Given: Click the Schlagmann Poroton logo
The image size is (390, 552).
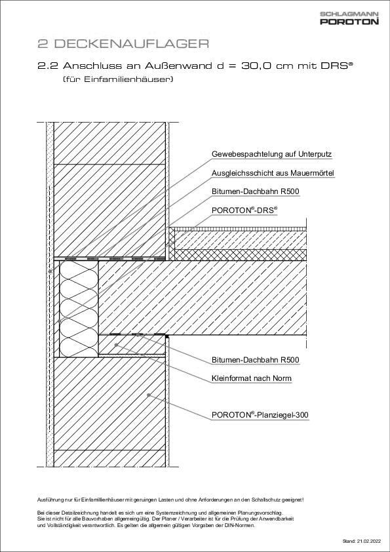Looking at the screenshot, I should coord(349,18).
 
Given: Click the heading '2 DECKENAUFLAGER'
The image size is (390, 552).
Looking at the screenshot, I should coord(123,45).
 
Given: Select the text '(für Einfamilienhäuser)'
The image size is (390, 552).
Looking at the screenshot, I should coord(117,80).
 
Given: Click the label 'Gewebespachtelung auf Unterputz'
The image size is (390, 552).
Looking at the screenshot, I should coord(271,155).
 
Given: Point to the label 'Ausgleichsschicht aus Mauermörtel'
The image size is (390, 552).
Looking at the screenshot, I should coord(273,174).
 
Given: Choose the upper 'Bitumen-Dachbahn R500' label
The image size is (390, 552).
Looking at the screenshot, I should coord(255,192).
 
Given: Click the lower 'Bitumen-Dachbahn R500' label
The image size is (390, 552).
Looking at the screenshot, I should coord(255,360).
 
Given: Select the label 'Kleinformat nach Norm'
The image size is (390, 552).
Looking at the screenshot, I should coord(252,378).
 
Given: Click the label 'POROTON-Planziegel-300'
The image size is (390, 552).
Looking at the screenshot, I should coord(260,415).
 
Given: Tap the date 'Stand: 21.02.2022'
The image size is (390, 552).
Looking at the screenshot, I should coord(361,542).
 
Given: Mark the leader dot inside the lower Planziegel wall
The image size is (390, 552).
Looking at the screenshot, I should coord(149,395).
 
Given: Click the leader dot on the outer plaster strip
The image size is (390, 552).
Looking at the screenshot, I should coord(50,270).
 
